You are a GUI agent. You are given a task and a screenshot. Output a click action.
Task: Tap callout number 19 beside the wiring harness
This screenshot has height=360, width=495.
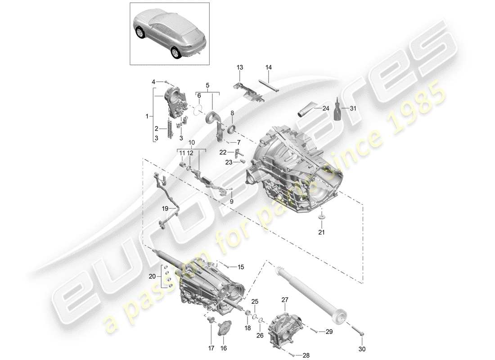point(165,208)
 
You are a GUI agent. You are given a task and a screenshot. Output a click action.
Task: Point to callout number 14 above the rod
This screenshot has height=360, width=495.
point(269,67)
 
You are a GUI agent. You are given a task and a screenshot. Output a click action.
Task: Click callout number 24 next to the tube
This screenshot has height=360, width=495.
point(326,108)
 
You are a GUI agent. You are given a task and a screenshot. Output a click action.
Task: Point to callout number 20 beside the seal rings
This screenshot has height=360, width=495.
point(152,276)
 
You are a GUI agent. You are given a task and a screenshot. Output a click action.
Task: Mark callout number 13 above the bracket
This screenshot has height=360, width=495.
point(239,67)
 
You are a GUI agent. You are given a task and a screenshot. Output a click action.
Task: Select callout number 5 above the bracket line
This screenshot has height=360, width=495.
point(207,85)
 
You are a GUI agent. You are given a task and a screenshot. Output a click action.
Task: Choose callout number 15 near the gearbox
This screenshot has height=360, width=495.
point(240,267)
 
